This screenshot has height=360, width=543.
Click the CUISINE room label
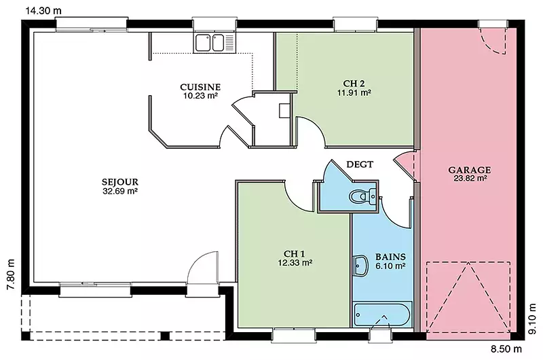pos(200,87)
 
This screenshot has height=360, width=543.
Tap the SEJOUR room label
pos(120,181)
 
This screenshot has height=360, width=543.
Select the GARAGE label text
pos(470,170)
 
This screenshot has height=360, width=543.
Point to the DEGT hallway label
pos(360,164)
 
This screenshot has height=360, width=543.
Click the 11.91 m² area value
pos(354,93)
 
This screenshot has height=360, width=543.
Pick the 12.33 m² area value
pos(295,263)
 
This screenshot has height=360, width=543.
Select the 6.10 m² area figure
pos(391,266)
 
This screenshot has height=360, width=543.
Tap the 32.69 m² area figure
pos(120,191)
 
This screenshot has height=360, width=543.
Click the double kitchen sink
pos(210,43)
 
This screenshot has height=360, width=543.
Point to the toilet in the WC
pos(362,196)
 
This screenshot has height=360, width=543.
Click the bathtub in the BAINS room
pos(382,314)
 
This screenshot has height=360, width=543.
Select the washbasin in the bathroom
pos(360,266)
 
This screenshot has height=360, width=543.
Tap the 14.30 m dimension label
pos(43,11)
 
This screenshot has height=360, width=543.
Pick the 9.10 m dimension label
pos(532,319)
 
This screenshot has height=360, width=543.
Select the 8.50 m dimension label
pos(506,348)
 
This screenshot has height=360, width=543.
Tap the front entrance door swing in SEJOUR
pos(202,268)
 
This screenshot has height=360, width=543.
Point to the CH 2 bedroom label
pos(354,84)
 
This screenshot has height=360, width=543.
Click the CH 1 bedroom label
pos(295,253)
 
